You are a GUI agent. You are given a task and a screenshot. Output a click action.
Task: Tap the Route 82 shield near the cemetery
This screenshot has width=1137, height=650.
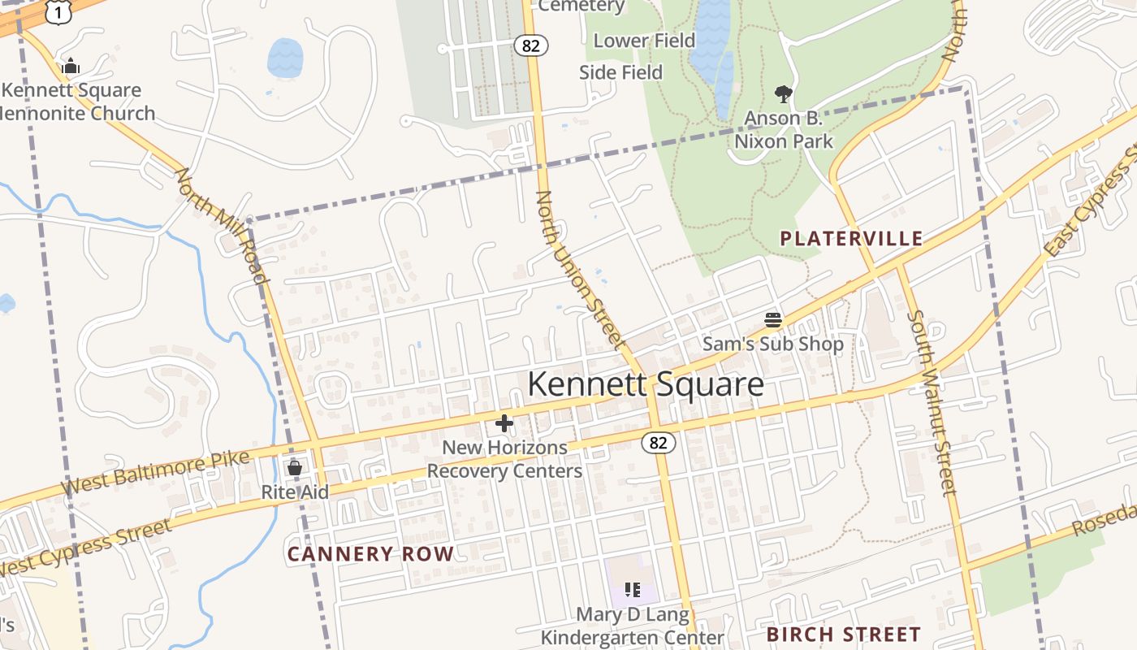click(x=531, y=45)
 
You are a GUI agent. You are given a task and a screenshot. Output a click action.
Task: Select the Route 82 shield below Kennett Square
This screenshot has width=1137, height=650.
click(x=658, y=443)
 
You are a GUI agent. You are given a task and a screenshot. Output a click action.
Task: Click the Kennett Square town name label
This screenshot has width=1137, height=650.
click(x=646, y=384)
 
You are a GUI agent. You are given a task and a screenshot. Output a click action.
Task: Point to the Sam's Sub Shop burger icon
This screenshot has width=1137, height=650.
click(x=772, y=320)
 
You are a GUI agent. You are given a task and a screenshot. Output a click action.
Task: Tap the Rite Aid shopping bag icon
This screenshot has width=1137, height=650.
click(x=295, y=468)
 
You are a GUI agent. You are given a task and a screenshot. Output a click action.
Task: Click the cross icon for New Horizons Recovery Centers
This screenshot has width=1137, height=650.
click(x=504, y=423)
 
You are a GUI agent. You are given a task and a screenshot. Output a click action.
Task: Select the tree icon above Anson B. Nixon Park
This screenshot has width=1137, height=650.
click(x=783, y=94)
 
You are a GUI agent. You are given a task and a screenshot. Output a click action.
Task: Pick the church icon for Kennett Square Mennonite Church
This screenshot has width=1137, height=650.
click(x=71, y=67)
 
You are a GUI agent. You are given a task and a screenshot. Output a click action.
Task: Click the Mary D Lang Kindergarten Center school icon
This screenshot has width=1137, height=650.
click(x=633, y=590)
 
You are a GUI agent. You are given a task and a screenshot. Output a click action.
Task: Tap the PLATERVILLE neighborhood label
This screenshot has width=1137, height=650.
click(x=851, y=239)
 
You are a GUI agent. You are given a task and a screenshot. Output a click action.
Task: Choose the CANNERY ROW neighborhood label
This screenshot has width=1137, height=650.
click(x=370, y=554)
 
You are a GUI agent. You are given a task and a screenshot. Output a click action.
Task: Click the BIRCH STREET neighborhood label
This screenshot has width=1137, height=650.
click(x=844, y=635)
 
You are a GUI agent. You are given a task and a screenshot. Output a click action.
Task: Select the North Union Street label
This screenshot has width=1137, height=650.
click(x=580, y=271)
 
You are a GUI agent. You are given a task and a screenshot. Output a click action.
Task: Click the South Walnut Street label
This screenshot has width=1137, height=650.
click(x=932, y=402)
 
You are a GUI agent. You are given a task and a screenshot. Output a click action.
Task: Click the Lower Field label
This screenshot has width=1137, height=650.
click(x=644, y=41)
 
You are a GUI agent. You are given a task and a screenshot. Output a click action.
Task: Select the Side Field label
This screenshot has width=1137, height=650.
click(x=620, y=72)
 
